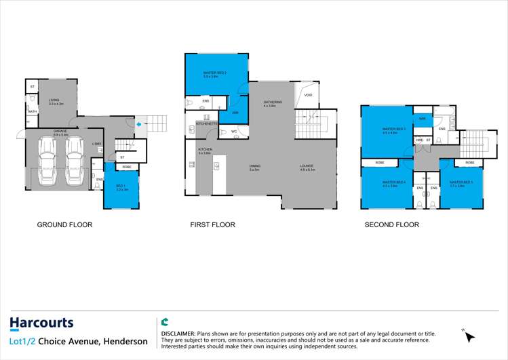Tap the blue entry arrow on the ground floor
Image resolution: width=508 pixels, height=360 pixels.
pyautogui.click(x=138, y=124)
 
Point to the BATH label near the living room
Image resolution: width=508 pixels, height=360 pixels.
pyautogui.click(x=32, y=111)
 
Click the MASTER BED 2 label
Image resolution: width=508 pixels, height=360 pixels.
pyautogui.click(x=214, y=74)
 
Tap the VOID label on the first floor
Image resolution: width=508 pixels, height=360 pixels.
pyautogui.click(x=308, y=96)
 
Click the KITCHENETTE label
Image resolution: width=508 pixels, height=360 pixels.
pyautogui.click(x=206, y=124)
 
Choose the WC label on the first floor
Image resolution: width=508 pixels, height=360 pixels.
pyautogui.click(x=233, y=132)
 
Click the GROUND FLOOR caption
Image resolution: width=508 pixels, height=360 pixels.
pyautogui.click(x=64, y=224)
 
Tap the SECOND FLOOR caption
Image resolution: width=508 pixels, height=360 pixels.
pyautogui.click(x=392, y=224)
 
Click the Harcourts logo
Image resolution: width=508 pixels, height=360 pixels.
pyautogui.click(x=41, y=323)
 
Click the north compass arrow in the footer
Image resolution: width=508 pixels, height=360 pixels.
pyautogui.click(x=469, y=336)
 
